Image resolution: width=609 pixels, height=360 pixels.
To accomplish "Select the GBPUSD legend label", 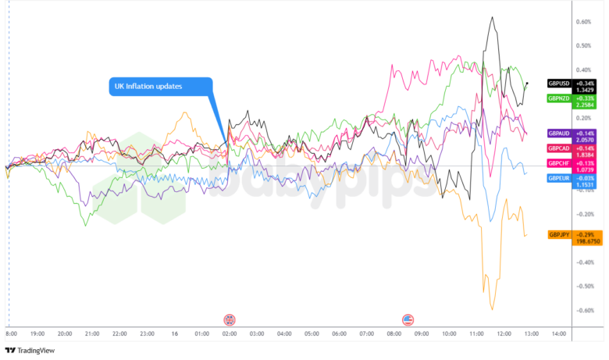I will click(x=559, y=83).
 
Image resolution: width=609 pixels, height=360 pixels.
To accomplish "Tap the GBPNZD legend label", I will click(x=559, y=98).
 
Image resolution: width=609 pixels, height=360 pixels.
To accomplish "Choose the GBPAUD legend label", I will click(x=559, y=134).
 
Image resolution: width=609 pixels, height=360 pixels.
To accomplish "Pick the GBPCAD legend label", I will click(x=559, y=148).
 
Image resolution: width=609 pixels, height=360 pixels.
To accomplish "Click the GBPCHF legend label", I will click(x=559, y=163).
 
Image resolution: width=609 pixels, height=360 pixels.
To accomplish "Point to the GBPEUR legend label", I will click(x=559, y=178).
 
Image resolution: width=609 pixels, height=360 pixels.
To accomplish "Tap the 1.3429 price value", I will click(x=586, y=90).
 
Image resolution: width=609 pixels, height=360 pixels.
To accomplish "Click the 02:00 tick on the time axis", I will click(x=230, y=334).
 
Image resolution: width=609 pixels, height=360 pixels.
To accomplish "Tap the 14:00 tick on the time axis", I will click(x=558, y=334).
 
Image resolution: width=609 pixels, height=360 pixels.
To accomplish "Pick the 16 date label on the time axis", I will click(x=175, y=334).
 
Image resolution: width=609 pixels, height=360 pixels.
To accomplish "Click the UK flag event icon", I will click(x=230, y=319).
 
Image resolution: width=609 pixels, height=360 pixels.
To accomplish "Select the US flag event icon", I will click(x=408, y=319).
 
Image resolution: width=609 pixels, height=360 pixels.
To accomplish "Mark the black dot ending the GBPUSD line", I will click(x=528, y=83).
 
